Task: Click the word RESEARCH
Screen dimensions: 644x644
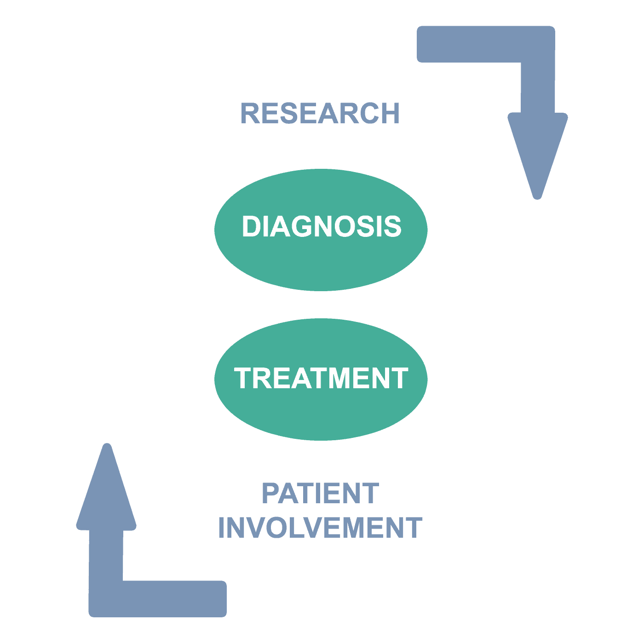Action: pos(320,113)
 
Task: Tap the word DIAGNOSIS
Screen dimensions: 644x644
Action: pos(322,226)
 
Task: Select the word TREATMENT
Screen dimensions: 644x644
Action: pos(321,378)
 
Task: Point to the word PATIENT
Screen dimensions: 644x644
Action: pos(321,493)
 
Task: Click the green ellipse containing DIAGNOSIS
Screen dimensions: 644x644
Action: pos(321,230)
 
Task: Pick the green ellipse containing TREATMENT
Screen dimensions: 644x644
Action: pos(321,379)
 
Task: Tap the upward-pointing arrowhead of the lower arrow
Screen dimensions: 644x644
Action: pos(106,488)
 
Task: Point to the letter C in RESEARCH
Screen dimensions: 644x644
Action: pos(369,113)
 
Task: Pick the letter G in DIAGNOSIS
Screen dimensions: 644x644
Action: pos(302,226)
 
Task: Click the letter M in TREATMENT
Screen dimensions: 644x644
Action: pos(339,378)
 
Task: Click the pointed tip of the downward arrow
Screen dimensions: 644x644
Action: pos(537,199)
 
